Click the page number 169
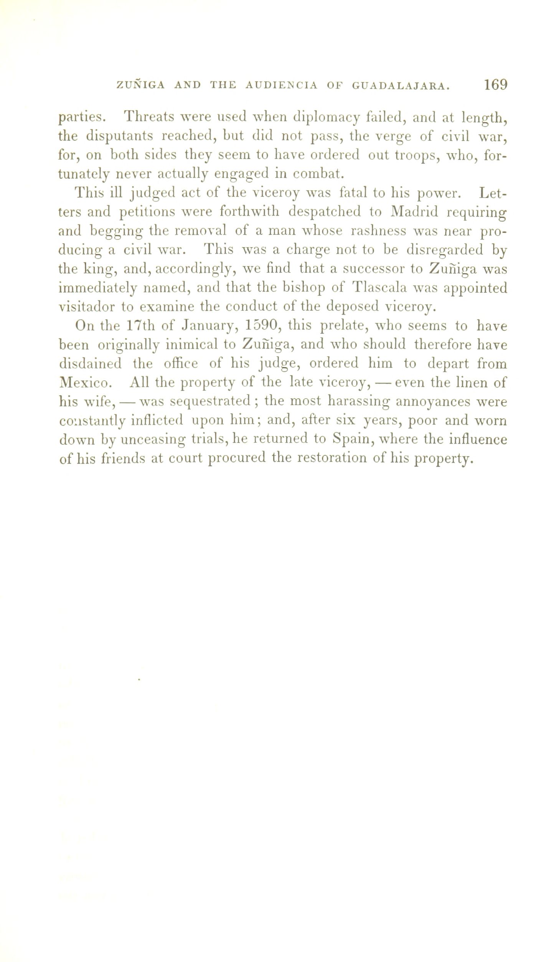coord(495,85)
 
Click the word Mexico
coord(86,383)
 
